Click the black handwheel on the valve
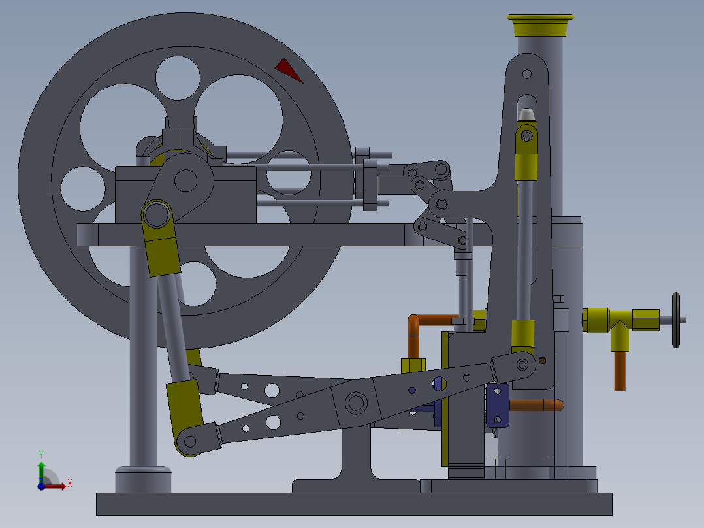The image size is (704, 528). click(x=677, y=320)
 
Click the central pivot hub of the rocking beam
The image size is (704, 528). click(x=357, y=403)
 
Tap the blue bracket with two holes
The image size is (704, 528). click(x=497, y=405)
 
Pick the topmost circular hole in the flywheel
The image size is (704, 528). click(x=178, y=78)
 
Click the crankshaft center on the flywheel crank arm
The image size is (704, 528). click(x=186, y=180)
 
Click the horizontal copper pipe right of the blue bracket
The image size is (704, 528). click(x=536, y=405)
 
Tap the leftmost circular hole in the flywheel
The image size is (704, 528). click(x=83, y=189)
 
